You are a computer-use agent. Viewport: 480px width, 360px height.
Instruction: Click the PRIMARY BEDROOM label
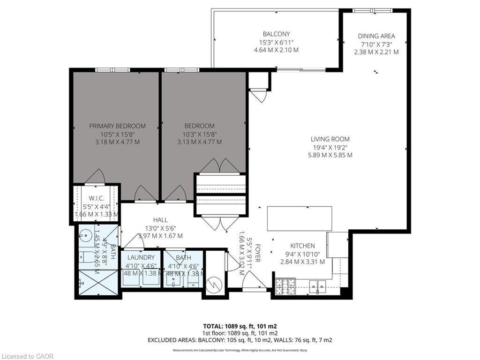tap(117, 126)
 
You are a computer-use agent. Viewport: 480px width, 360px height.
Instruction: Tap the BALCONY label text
tap(276, 34)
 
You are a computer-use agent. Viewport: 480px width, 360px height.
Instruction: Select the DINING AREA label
tap(376, 36)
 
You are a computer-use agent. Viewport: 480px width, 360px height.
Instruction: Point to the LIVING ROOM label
tap(330, 139)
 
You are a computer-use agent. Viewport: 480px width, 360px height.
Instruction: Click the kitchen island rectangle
tap(299, 218)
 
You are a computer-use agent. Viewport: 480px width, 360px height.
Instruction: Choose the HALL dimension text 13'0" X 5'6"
tap(160, 228)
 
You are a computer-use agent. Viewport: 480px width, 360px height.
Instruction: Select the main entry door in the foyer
tap(253, 282)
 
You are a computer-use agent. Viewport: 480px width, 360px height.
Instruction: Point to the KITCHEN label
tap(302, 246)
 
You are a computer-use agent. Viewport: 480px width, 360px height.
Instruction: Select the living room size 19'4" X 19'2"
tap(330, 147)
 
